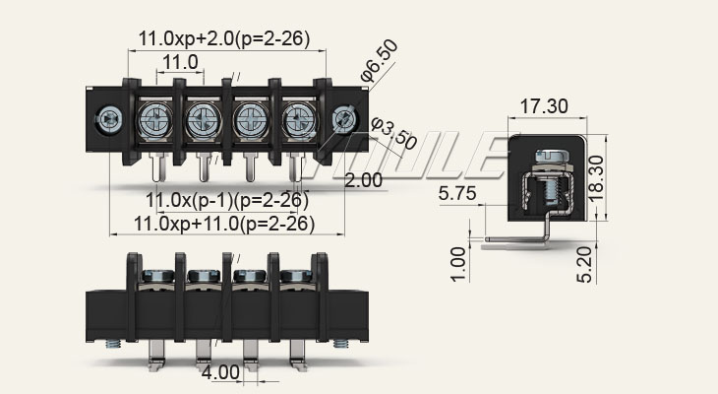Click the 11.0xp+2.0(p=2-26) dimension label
click(x=223, y=39)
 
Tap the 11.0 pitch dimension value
click(x=180, y=63)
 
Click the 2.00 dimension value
click(x=364, y=180)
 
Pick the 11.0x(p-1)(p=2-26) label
click(x=226, y=201)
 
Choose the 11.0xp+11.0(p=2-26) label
click(x=224, y=224)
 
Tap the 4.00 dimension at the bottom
click(x=219, y=373)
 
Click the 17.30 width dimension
click(x=543, y=105)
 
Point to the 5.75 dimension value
click(x=458, y=195)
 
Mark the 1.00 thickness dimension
click(x=457, y=264)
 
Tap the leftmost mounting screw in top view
click(x=107, y=121)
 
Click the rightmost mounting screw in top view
click(x=342, y=120)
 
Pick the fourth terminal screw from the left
click(x=297, y=121)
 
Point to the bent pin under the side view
click(x=521, y=238)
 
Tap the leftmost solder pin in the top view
click(x=156, y=168)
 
